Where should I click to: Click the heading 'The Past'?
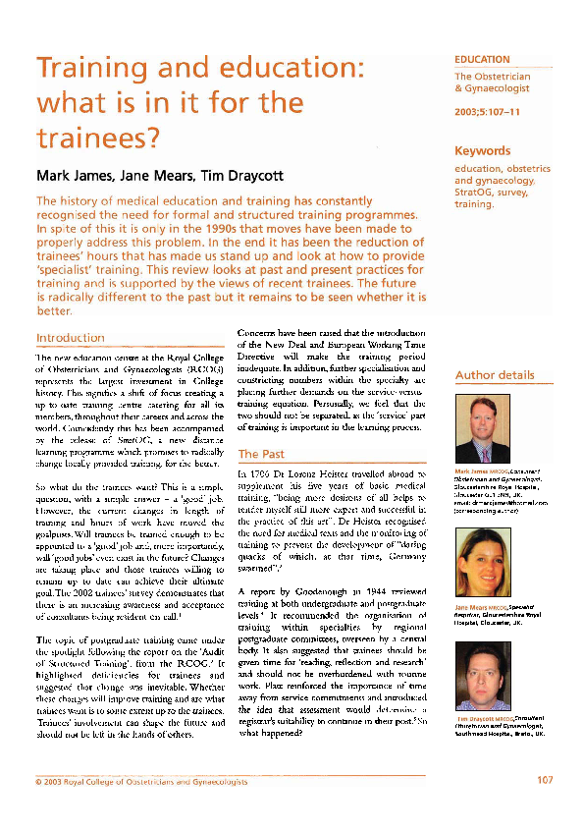pyautogui.click(x=262, y=454)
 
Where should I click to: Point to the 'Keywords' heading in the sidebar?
pyautogui.click(x=482, y=151)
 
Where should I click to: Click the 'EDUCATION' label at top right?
pyautogui.click(x=482, y=60)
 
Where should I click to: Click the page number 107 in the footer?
pyautogui.click(x=546, y=781)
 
